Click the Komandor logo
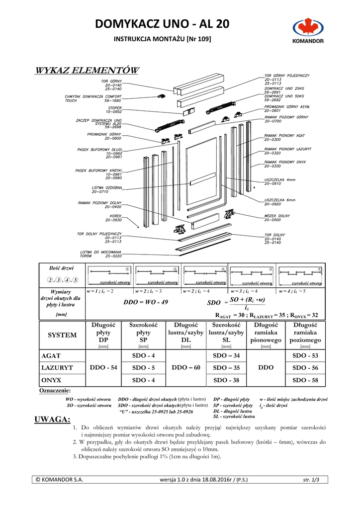click(308, 32)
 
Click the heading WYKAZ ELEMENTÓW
click(87, 70)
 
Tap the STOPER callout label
click(114, 109)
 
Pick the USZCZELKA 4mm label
click(279, 181)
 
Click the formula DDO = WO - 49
click(146, 302)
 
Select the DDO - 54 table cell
click(103, 367)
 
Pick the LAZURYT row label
click(57, 368)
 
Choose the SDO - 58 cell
click(305, 380)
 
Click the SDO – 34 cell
click(226, 355)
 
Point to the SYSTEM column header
click(62, 335)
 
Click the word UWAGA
click(52, 420)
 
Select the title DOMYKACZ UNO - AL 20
click(162, 24)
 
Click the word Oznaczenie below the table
click(55, 391)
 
